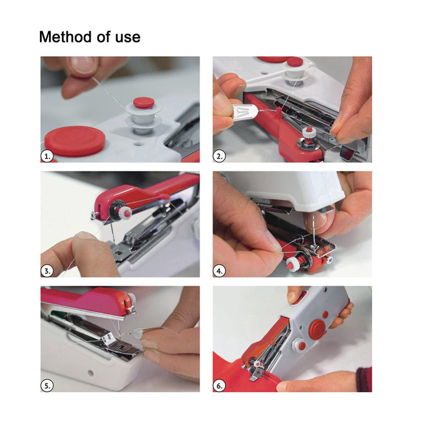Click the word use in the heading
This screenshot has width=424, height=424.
(x=128, y=37)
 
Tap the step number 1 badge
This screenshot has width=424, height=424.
(x=48, y=156)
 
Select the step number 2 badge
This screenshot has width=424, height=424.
(x=220, y=156)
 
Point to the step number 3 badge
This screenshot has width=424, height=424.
(x=48, y=271)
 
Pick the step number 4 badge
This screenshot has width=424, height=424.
(x=220, y=271)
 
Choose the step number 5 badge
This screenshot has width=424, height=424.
(x=48, y=386)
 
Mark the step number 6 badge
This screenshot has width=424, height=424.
(x=220, y=386)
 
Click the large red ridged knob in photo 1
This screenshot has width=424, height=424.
(x=75, y=141)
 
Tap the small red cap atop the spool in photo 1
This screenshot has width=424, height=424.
(x=143, y=102)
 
